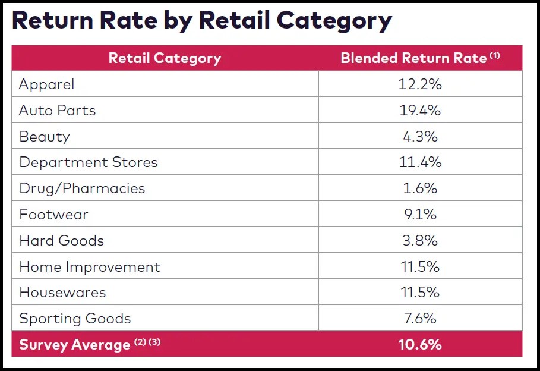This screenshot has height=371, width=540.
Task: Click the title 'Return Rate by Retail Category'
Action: point(202,20)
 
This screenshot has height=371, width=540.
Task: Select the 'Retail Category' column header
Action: point(165,58)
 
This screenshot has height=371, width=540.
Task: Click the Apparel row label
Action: point(47,84)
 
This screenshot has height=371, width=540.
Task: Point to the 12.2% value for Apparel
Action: point(420,84)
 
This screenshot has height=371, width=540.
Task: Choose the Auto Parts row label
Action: point(57,111)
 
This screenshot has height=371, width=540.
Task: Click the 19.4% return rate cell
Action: point(420,111)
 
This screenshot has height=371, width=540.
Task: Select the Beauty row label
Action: point(45,137)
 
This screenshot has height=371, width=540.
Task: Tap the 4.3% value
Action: point(420,137)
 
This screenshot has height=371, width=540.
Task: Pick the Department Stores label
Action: point(89,162)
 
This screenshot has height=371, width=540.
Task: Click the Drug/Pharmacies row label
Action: point(82,188)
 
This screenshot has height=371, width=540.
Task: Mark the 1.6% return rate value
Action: point(420,188)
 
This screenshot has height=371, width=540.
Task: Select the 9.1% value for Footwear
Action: point(420,215)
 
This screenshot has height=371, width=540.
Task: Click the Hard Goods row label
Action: point(61,241)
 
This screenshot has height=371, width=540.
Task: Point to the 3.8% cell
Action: point(420,241)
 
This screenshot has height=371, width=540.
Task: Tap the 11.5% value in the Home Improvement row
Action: point(420,267)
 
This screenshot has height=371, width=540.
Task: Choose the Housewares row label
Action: point(62,293)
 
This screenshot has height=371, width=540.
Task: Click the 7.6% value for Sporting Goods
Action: point(420,319)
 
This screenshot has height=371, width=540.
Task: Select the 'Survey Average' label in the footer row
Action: point(75,345)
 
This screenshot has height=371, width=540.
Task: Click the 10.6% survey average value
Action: point(420,344)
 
